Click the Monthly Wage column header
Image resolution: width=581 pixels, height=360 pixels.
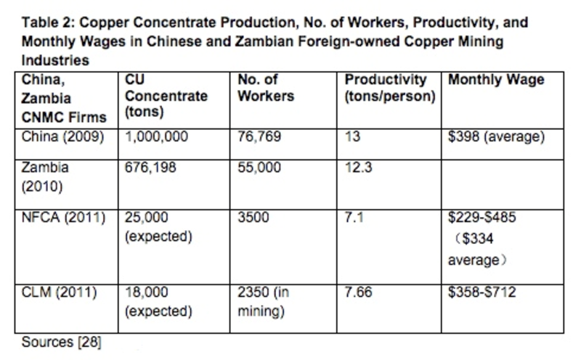click(496, 80)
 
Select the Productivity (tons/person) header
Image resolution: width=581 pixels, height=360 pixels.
click(390, 88)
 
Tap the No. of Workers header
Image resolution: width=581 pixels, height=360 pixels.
click(266, 88)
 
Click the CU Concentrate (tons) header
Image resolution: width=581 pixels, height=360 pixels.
click(166, 96)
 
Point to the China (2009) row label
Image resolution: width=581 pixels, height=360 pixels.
click(62, 137)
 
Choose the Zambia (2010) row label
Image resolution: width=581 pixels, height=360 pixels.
click(45, 176)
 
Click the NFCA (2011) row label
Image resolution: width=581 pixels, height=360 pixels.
click(63, 218)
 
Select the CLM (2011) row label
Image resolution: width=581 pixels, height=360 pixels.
click(59, 292)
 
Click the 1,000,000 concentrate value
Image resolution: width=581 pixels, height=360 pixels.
click(156, 137)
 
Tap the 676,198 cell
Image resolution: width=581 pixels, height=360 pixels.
click(150, 168)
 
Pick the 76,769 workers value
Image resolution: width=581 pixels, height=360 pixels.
click(259, 137)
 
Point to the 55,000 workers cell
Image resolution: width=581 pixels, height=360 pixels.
click(259, 168)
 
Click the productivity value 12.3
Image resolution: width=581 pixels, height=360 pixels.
click(358, 168)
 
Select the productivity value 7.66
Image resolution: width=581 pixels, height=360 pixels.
click(358, 292)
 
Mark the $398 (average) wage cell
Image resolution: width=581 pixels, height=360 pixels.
click(497, 137)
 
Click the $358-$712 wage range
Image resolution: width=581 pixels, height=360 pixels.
click(482, 292)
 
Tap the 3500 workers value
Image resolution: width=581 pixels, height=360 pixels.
click(253, 218)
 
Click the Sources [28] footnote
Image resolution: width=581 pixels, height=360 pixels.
click(62, 343)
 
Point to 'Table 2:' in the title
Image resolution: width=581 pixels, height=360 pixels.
click(49, 22)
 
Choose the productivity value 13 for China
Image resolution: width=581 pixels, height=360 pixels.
click(352, 137)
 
